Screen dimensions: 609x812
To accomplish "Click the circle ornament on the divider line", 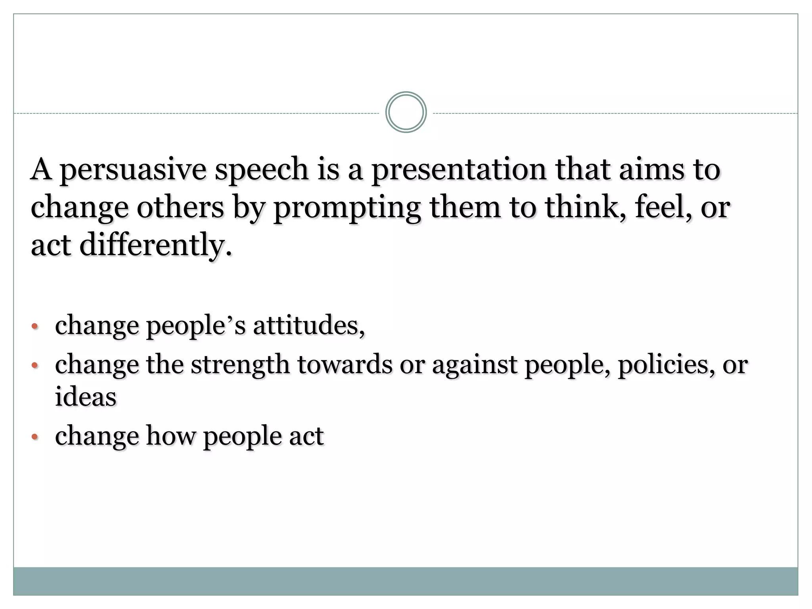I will (406, 112).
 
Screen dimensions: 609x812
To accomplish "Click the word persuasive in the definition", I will (133, 170).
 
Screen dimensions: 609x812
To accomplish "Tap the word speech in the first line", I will (262, 170).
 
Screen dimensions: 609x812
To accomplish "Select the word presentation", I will (458, 170).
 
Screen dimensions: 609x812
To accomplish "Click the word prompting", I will (347, 208).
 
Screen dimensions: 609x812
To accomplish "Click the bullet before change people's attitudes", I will (35, 327).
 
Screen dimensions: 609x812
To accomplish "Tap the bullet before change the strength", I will (35, 365).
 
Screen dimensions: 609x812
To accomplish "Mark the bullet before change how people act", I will (35, 437).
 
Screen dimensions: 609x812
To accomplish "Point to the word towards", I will (345, 364).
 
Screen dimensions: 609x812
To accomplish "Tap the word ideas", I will (86, 396).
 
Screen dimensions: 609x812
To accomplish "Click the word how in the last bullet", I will (171, 436).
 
